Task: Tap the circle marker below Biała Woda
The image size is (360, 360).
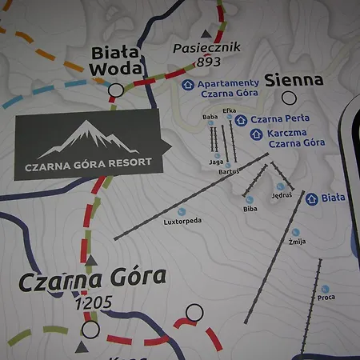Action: [116, 90]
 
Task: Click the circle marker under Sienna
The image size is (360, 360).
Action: [289, 99]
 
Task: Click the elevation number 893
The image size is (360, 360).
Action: [208, 61]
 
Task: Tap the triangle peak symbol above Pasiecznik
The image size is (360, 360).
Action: [206, 34]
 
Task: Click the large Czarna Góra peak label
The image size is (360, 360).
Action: [91, 279]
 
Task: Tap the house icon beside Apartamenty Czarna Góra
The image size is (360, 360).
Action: [188, 83]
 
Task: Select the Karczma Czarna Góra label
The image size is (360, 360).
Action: [296, 138]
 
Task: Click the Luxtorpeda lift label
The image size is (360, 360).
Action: [182, 220]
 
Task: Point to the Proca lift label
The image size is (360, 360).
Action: [326, 298]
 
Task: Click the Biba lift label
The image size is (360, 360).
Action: [250, 209]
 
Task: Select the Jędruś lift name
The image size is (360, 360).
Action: [282, 194]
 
